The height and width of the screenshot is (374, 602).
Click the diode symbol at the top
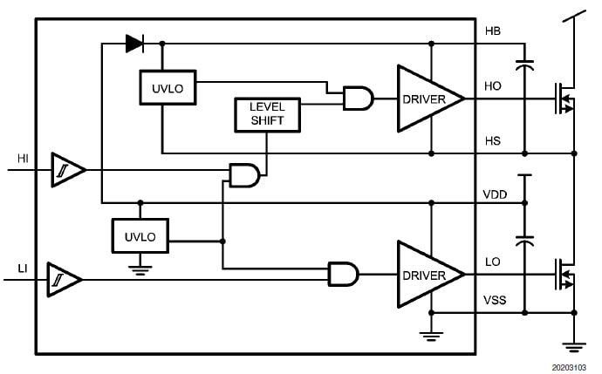coord(133,42)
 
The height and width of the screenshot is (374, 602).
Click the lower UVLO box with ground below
coord(140,236)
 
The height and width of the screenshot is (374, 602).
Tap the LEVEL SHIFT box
coord(267,114)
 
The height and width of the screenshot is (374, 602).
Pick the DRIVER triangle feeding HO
coord(430,99)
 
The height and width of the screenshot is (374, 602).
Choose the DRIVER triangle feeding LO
coord(430,275)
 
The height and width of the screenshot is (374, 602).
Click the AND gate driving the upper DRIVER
coord(358,99)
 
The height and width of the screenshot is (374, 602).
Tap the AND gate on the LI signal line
coord(343,275)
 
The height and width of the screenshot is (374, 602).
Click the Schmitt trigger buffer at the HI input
coord(67,169)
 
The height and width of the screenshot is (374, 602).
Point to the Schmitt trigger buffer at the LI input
coord(64,279)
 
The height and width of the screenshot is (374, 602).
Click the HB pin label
coord(493,31)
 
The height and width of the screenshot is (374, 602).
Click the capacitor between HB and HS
coord(524,65)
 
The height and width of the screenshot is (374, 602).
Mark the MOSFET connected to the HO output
coord(564,99)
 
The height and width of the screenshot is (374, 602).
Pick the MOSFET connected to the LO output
coord(564,275)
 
